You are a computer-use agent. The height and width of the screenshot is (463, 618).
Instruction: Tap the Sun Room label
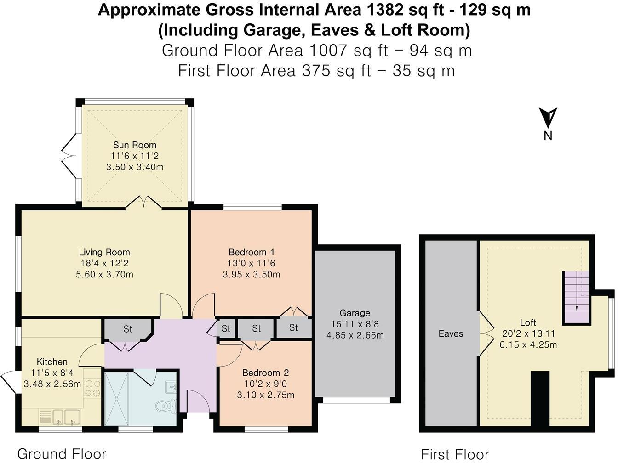[135, 145]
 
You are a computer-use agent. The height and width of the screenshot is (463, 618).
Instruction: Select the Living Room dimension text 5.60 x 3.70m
[104, 274]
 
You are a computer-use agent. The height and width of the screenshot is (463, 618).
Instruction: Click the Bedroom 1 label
[251, 252]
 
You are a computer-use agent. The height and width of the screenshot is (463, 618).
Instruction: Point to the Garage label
[355, 313]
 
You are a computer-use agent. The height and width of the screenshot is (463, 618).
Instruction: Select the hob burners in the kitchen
[92, 388]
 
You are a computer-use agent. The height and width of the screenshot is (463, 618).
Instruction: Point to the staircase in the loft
[576, 298]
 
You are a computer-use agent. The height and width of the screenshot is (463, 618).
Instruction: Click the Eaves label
[451, 333]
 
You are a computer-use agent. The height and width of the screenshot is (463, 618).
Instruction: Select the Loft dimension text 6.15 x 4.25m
[528, 344]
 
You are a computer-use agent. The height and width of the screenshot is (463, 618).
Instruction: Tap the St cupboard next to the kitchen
[128, 329]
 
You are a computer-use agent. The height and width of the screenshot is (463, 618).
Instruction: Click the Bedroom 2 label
[265, 373]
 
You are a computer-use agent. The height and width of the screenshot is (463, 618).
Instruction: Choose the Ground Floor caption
[62, 454]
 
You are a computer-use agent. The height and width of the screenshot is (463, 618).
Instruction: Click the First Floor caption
[455, 454]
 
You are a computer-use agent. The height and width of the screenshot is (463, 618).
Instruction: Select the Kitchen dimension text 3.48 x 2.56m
[52, 384]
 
